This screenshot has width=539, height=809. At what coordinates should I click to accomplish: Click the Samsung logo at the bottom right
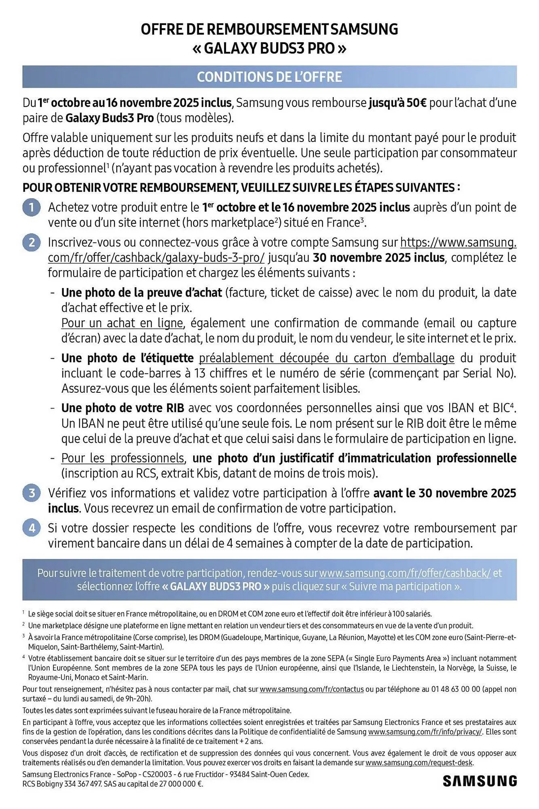click(480, 781)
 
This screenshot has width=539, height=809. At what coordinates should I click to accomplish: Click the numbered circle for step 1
click(32, 208)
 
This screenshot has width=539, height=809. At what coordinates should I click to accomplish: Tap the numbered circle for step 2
click(32, 243)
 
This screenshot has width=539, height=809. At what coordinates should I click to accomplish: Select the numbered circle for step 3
click(32, 493)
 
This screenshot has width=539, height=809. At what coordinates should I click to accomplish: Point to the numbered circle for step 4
click(32, 528)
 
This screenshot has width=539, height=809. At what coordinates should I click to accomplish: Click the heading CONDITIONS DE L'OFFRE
click(269, 77)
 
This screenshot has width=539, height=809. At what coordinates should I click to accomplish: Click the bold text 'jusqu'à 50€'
click(397, 103)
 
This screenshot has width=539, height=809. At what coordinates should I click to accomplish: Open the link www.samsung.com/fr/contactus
click(311, 689)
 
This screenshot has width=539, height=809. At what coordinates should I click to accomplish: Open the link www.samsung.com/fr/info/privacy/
click(425, 732)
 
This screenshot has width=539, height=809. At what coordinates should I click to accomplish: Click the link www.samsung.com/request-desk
click(419, 763)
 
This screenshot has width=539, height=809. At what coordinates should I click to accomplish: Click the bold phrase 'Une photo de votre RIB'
click(123, 408)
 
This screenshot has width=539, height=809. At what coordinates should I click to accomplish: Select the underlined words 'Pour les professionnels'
click(123, 458)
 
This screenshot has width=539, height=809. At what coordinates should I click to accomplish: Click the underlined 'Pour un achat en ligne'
click(122, 323)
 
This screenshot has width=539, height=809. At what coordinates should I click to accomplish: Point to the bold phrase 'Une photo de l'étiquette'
click(127, 358)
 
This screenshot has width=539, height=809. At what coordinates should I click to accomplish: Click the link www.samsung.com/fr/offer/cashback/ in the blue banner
click(405, 573)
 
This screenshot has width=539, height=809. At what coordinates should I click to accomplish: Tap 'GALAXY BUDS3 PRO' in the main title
click(269, 49)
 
